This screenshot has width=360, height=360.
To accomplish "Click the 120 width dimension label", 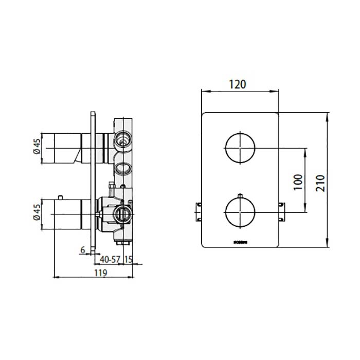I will coord(238,84).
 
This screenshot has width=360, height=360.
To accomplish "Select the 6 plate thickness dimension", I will coord(83,250).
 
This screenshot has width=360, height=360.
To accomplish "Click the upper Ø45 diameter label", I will coord(37,148).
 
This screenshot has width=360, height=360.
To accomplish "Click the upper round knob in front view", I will coord(240,148).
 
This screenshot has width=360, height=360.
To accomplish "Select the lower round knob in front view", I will coord(240,212).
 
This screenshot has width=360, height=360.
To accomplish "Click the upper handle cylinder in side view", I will coord(66,148).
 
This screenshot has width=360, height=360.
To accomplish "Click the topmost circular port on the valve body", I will coord(122,138).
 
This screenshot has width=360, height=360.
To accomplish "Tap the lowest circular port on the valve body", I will coord(122,212).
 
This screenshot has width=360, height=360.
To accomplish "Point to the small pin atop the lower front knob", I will coord(240,196).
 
